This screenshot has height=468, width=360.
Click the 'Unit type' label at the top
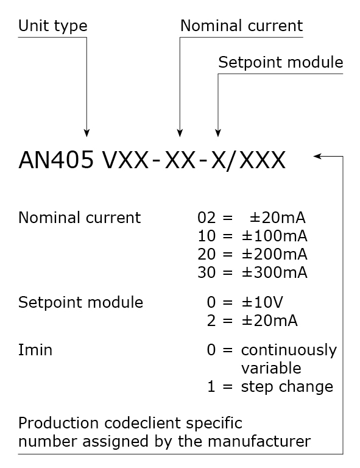pyautogui.click(x=53, y=26)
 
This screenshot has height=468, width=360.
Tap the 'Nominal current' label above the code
pyautogui.click(x=242, y=26)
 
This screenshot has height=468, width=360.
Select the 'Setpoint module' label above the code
pyautogui.click(x=281, y=62)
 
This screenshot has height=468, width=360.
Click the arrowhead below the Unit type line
pyautogui.click(x=86, y=133)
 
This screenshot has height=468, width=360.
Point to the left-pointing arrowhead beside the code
pyautogui.click(x=317, y=156)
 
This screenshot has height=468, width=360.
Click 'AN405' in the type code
pyautogui.click(x=56, y=160)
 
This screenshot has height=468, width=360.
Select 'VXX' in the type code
pyautogui.click(x=125, y=160)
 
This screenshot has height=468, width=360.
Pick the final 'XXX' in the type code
pyautogui.click(x=263, y=160)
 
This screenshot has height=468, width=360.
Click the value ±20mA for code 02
pyautogui.click(x=277, y=218)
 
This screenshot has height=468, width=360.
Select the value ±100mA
pyautogui.click(x=274, y=236)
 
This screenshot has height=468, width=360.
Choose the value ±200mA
pyautogui.click(x=274, y=254)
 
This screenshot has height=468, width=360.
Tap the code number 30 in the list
pyautogui.click(x=206, y=272)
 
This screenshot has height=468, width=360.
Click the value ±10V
pyautogui.click(x=262, y=302)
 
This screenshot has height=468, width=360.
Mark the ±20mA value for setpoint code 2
pyautogui.click(x=270, y=321)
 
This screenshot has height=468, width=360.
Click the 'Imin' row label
pyautogui.click(x=35, y=350)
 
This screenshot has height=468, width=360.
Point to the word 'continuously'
pyautogui.click(x=289, y=350)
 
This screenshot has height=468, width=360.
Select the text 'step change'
pyautogui.click(x=287, y=387)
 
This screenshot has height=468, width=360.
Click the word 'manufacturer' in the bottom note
pyautogui.click(x=259, y=441)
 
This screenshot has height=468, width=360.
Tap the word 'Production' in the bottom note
pyautogui.click(x=58, y=424)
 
